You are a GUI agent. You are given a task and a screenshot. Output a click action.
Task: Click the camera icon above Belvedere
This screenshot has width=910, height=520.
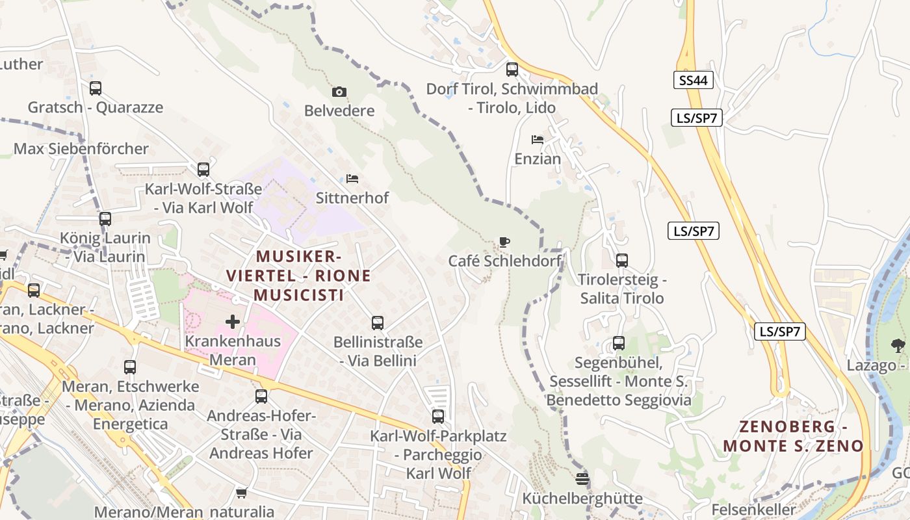tap(339, 92)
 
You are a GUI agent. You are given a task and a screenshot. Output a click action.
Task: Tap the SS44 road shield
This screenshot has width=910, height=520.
tap(694, 81)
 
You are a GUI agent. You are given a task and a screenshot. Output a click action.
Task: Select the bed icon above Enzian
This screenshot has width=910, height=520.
tap(537, 139)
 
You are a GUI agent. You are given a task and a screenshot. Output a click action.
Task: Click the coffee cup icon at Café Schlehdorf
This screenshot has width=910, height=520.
tap(504, 242)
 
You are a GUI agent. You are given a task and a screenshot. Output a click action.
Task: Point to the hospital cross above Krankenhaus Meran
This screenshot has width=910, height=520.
tap(232, 321)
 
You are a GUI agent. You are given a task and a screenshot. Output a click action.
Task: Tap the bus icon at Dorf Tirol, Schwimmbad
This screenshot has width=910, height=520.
tap(512, 69)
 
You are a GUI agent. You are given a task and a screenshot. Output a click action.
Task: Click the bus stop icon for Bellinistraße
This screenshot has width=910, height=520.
tap(377, 322)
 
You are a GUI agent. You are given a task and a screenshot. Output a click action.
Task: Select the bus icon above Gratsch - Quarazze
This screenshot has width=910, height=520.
tap(96, 88)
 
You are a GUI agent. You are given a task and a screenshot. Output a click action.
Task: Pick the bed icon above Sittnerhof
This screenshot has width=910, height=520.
tap(352, 178)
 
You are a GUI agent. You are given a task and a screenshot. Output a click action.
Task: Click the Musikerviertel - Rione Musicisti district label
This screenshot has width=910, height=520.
tap(298, 276)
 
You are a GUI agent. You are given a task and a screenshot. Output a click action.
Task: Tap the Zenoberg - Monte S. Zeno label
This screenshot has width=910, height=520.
tap(793, 436)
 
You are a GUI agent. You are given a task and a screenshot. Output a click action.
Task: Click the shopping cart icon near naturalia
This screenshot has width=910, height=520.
tap(242, 493)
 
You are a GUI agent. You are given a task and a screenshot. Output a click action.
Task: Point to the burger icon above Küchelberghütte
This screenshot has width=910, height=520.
tap(582, 479)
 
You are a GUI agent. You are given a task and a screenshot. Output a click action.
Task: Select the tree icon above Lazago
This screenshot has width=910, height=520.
tap(898, 345)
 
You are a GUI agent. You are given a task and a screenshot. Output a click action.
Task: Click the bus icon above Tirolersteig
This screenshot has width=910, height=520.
tap(622, 261)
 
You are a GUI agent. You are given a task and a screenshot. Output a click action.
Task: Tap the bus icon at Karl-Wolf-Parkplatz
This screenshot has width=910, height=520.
tap(438, 417)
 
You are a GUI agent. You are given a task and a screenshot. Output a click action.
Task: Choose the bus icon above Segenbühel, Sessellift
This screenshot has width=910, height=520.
tap(619, 343)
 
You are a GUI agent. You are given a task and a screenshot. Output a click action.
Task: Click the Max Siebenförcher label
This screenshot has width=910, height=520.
tap(81, 149)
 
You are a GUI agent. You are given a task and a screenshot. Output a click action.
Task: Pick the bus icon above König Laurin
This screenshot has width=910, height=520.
tap(105, 219)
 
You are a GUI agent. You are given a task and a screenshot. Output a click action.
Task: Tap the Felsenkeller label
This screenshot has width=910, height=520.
tap(754, 510)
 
